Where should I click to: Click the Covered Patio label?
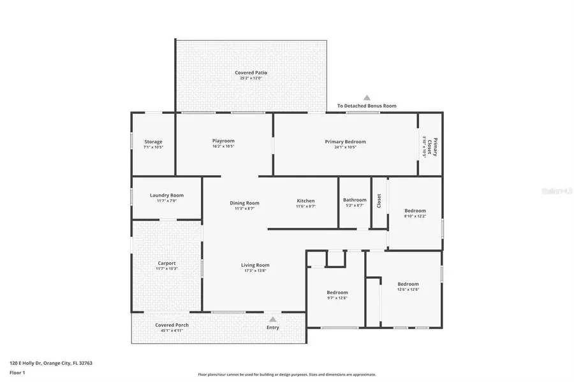point(251,73)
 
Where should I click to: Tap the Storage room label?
point(153,142)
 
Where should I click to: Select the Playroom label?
point(223,141)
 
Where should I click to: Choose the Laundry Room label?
point(166,195)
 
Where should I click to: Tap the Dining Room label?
point(245,203)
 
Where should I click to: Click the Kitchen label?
point(305,201)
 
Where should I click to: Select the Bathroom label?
point(355,200)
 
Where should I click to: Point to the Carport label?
point(166,263)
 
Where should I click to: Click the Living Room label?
point(255,265)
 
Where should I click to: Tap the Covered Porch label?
point(172,325)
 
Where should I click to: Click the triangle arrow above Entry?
point(273,319)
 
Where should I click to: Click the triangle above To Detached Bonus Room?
point(367,97)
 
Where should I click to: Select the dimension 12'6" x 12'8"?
point(408,290)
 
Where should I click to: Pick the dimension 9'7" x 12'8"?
point(337,298)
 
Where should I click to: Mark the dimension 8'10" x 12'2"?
point(415,216)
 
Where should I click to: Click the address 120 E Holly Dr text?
point(51,363)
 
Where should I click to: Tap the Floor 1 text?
point(17,374)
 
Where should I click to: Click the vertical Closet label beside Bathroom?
point(379,201)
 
